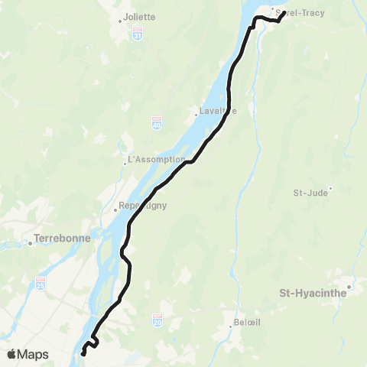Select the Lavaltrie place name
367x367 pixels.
pos(218,111)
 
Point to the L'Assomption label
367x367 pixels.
pos(157,160)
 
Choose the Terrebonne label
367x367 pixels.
pos(63,239)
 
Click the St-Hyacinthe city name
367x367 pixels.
pos(314,293)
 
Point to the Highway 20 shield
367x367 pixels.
pos(158,318)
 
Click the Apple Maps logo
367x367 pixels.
pos(27,354)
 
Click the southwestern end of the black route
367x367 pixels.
pos(83,354)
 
